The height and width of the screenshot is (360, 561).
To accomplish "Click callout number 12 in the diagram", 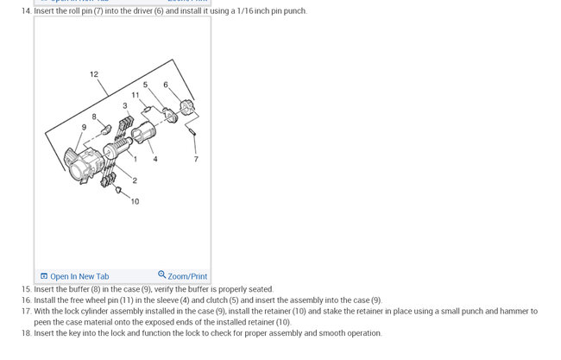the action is point(94,74).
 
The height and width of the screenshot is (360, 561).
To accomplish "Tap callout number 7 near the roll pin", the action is point(196,159).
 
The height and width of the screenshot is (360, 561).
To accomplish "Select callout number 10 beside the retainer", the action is point(135,201).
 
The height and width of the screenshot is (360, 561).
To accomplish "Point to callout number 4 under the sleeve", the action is point(154,159).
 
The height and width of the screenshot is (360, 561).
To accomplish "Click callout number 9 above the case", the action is point(84,127).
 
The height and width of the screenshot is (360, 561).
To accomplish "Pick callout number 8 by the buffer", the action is point(94,117).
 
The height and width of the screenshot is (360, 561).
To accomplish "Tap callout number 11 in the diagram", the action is point(136,95).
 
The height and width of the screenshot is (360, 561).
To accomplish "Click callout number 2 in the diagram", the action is point(135,180).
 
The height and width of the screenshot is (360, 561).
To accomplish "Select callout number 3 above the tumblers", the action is point(125,105).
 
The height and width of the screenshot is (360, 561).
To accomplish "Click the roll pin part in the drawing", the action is point(192,131).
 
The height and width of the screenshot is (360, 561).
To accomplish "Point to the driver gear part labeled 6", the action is point(186,108).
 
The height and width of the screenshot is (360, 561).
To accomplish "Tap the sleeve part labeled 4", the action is point(143,132).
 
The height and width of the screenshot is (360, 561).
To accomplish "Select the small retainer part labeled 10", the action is point(119,190).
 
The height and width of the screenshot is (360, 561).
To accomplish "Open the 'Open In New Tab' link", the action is point(75,276).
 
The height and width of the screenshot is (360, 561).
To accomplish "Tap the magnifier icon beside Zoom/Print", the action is point(161,275).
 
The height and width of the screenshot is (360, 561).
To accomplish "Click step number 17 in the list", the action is point(27,311).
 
